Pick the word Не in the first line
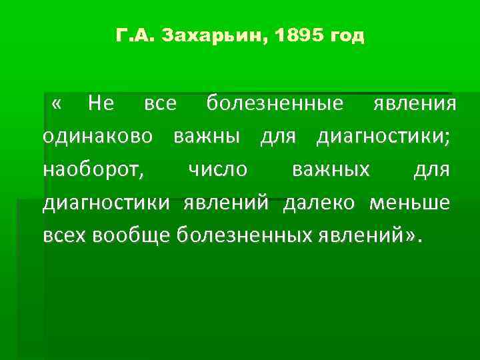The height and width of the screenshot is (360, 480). [x=101, y=104]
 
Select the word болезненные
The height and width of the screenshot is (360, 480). [x=275, y=104]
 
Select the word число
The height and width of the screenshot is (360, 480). [x=217, y=170]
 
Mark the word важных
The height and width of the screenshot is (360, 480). [x=331, y=170]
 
